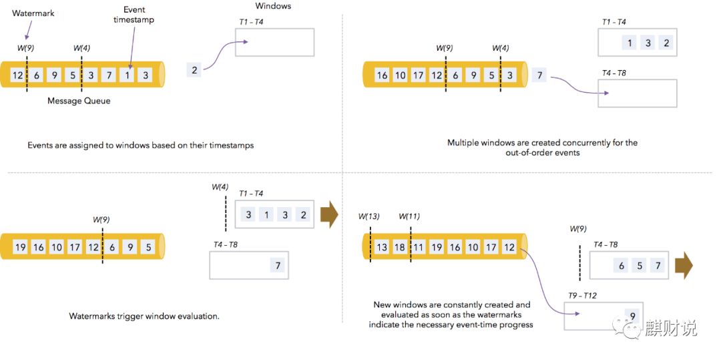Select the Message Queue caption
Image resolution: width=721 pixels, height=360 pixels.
click(79, 101)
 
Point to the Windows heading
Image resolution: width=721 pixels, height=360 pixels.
click(273, 6)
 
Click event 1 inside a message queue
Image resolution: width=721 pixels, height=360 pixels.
click(127, 75)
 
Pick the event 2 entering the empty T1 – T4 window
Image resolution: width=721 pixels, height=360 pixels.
click(194, 69)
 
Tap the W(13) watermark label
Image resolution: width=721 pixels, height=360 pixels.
click(369, 216)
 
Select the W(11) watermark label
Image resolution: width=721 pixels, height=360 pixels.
click(409, 216)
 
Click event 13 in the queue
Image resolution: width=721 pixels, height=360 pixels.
click(382, 247)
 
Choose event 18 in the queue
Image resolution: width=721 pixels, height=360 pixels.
click(400, 247)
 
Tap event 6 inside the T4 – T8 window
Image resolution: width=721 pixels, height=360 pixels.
click(622, 266)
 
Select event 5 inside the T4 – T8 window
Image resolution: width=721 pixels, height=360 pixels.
click(640, 266)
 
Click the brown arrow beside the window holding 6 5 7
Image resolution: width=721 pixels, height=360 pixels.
click(684, 265)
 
